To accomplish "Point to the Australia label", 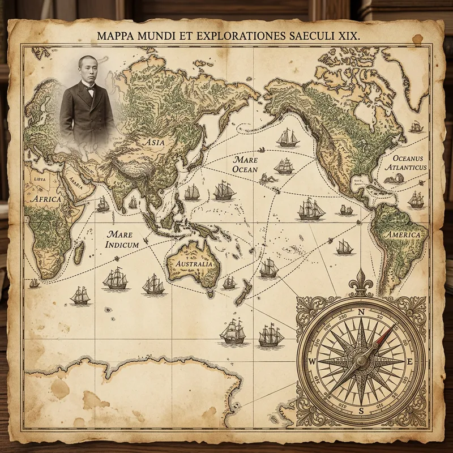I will [x=194, y=264].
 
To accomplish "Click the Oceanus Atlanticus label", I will [x=405, y=160].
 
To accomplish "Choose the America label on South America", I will [x=403, y=234].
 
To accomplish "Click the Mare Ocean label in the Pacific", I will [x=245, y=165].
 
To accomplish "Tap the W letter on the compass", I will [x=311, y=362].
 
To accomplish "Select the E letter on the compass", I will [x=410, y=362].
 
